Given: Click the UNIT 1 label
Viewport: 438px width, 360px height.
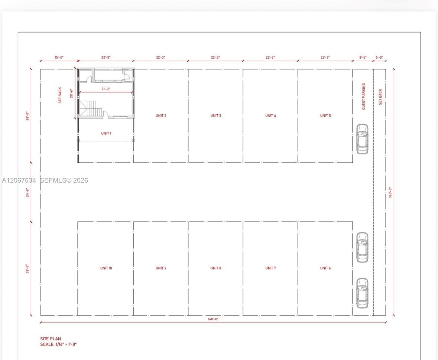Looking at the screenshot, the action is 106,133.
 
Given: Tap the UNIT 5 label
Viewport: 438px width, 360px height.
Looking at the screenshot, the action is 325,115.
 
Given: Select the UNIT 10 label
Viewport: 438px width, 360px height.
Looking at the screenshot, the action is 106,268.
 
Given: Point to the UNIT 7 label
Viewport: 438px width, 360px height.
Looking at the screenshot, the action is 270,268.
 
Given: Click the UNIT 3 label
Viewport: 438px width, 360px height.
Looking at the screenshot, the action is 215,115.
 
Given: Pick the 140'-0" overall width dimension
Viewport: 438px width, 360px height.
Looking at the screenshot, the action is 213,319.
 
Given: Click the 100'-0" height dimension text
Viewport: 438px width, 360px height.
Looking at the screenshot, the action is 390,193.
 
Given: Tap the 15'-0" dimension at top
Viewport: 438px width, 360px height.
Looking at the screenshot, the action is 59,58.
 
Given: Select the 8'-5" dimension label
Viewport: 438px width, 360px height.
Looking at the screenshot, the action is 363,58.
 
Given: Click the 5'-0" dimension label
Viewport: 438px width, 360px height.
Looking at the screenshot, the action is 379,58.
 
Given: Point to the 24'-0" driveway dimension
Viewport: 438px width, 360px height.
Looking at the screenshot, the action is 27,192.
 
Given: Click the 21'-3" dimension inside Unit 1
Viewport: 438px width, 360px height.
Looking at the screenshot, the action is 106,89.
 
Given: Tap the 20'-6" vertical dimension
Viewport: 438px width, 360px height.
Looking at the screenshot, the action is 71,93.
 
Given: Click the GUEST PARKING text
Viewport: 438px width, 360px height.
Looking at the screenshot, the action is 363,96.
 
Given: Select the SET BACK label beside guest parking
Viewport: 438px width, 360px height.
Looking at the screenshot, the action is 380,97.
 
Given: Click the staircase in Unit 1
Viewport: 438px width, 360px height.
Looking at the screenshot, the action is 91,109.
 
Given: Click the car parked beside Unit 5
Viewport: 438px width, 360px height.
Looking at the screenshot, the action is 362,139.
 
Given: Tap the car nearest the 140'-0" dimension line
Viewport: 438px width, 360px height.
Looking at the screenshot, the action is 362,293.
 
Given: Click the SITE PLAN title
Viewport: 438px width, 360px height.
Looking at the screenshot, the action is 51,339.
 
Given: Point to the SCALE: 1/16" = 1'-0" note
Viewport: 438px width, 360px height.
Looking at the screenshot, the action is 58,344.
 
